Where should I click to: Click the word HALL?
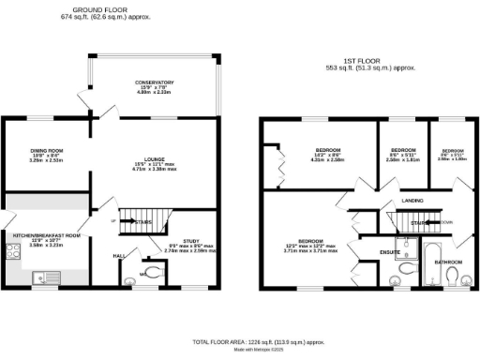(x=118, y=254)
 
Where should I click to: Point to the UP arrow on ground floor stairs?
(x=116, y=221)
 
